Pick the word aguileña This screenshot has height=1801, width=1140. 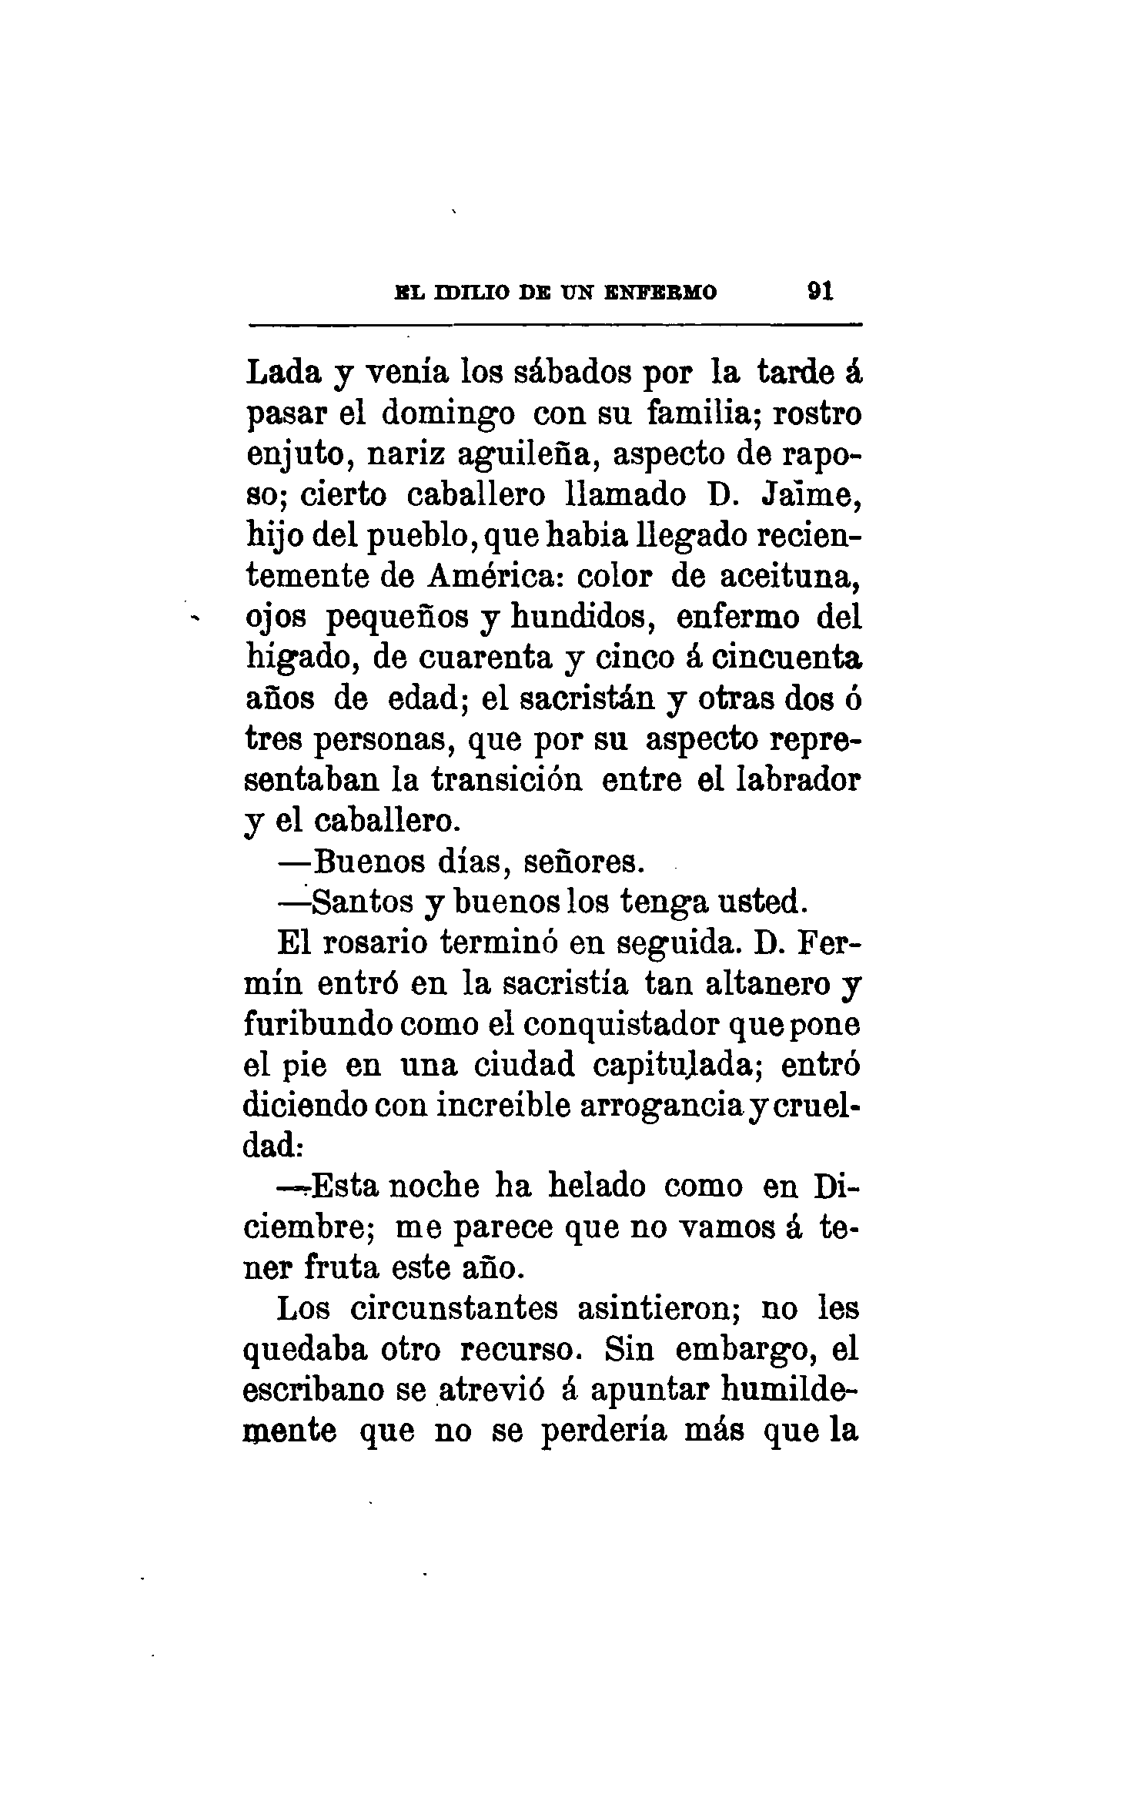pos(524,455)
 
